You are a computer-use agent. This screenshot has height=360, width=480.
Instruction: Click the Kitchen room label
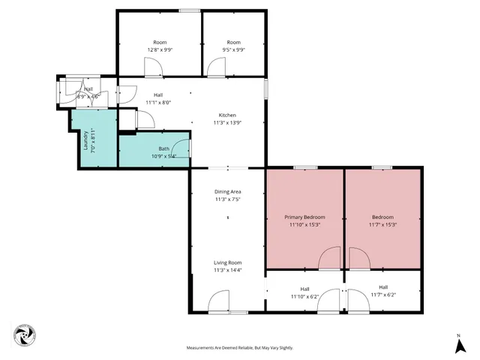[226, 115]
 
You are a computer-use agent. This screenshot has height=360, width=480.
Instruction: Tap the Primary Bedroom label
[304, 217]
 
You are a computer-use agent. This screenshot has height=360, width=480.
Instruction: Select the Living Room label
[227, 262]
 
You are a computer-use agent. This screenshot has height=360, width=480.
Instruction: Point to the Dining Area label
[227, 192]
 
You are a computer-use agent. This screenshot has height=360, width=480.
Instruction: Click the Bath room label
[163, 148]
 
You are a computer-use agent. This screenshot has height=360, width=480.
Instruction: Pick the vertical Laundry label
[85, 139]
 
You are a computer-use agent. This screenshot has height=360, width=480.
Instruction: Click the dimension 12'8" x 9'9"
[160, 50]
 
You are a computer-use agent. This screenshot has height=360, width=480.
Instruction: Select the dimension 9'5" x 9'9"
[233, 50]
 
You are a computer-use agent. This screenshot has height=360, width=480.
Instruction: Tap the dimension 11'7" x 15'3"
[382, 224]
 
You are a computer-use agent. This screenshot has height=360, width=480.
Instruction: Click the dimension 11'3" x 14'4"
[227, 270]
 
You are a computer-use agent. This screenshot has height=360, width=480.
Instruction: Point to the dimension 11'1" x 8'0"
[158, 103]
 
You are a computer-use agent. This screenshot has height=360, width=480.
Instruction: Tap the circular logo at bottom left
[23, 335]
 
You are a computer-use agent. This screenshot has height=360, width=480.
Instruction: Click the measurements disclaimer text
[240, 348]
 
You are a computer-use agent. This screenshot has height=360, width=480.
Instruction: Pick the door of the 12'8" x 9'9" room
[154, 68]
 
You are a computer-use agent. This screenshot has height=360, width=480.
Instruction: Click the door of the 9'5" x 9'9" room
[217, 68]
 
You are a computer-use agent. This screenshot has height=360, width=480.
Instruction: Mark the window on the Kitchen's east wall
[265, 88]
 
